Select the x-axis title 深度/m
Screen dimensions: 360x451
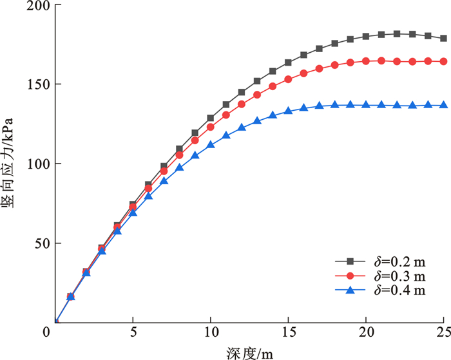[x=251, y=352]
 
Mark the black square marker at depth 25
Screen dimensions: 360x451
[x=443, y=39]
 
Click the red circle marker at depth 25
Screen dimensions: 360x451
[x=443, y=61]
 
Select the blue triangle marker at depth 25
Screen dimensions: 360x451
[x=443, y=105]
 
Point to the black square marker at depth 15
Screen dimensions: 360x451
[x=288, y=62]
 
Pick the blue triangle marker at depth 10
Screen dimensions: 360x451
[x=210, y=144]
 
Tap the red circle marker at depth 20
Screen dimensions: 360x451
[x=366, y=61]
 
